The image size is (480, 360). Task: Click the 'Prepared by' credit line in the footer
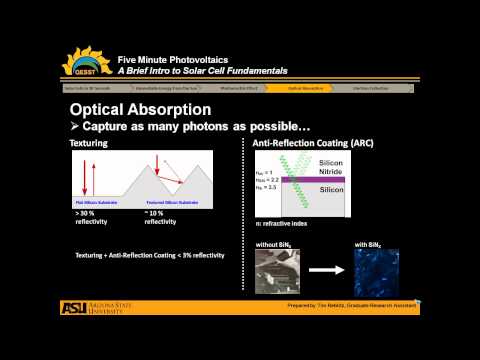350,305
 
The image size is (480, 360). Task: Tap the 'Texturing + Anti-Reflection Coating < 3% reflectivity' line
150,254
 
